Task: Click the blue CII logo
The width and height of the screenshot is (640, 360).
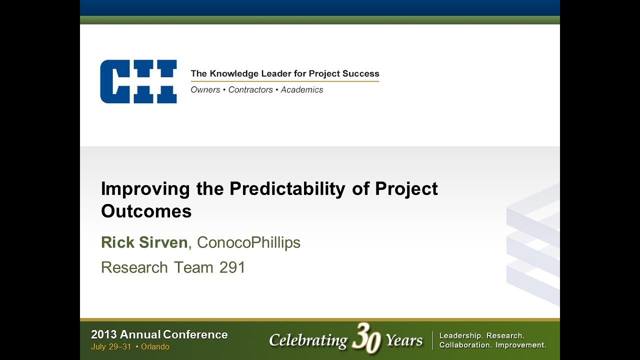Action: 138,81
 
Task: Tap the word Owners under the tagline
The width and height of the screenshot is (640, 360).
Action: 205,90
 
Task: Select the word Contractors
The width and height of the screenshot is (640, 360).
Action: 250,90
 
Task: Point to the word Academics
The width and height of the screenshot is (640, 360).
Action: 302,90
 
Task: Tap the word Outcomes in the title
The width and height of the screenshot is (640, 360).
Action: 146,211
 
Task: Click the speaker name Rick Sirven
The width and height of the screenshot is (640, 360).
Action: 144,242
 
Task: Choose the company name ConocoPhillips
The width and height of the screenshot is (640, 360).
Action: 248,242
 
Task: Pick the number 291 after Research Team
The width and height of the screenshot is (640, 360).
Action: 232,267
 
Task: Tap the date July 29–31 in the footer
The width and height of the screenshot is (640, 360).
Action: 111,347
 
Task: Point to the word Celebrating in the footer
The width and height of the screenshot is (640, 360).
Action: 308,340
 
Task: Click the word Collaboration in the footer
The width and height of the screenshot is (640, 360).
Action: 464,345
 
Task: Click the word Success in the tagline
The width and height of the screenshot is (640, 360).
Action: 362,73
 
